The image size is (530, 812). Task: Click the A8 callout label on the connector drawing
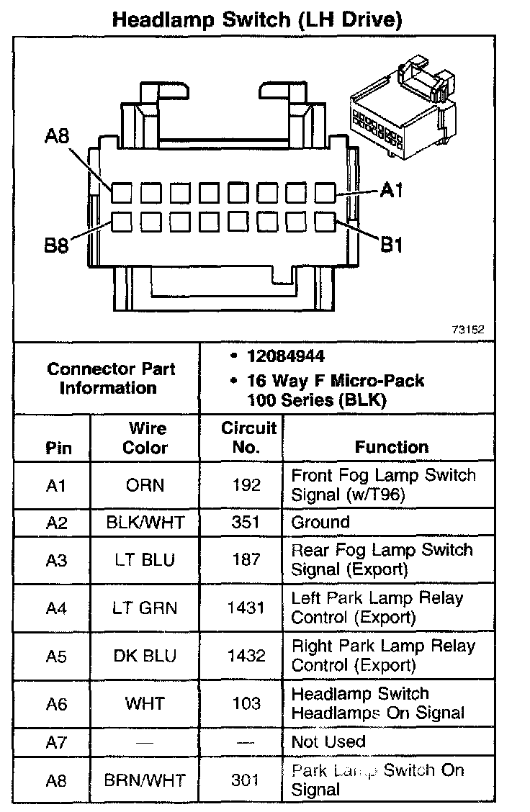pyautogui.click(x=58, y=136)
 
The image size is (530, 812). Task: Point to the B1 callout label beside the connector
pyautogui.click(x=391, y=245)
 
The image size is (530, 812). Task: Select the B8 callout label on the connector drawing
pyautogui.click(x=58, y=245)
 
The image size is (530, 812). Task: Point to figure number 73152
pyautogui.click(x=468, y=330)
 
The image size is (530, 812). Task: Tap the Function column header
pyautogui.click(x=391, y=447)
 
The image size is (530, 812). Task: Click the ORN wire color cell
pyautogui.click(x=145, y=485)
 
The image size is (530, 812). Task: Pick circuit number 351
pyautogui.click(x=246, y=522)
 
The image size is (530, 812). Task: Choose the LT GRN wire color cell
pyautogui.click(x=145, y=608)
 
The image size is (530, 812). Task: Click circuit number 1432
pyautogui.click(x=246, y=656)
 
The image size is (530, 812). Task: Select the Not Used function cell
pyautogui.click(x=328, y=741)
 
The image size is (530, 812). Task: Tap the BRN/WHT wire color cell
pyautogui.click(x=145, y=780)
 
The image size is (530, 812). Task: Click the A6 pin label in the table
pyautogui.click(x=56, y=704)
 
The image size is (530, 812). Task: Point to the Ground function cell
pyautogui.click(x=320, y=522)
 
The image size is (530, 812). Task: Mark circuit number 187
pyautogui.click(x=246, y=560)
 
